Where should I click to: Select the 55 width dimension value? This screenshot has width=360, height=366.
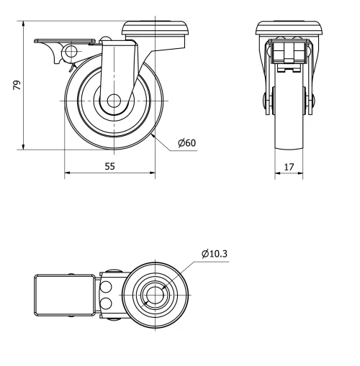(x=110, y=165)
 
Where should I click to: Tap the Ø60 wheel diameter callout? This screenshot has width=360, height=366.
(x=186, y=142)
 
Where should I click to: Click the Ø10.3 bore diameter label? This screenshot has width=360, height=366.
(x=216, y=254)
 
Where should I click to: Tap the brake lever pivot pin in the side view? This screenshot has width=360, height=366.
(x=71, y=51)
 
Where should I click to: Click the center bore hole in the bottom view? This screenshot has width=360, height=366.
(x=155, y=295)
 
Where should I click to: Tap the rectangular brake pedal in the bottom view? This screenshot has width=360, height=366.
(x=63, y=295)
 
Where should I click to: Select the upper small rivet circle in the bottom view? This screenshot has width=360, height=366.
(x=107, y=287)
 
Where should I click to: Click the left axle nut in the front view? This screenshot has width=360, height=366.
(x=267, y=103)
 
